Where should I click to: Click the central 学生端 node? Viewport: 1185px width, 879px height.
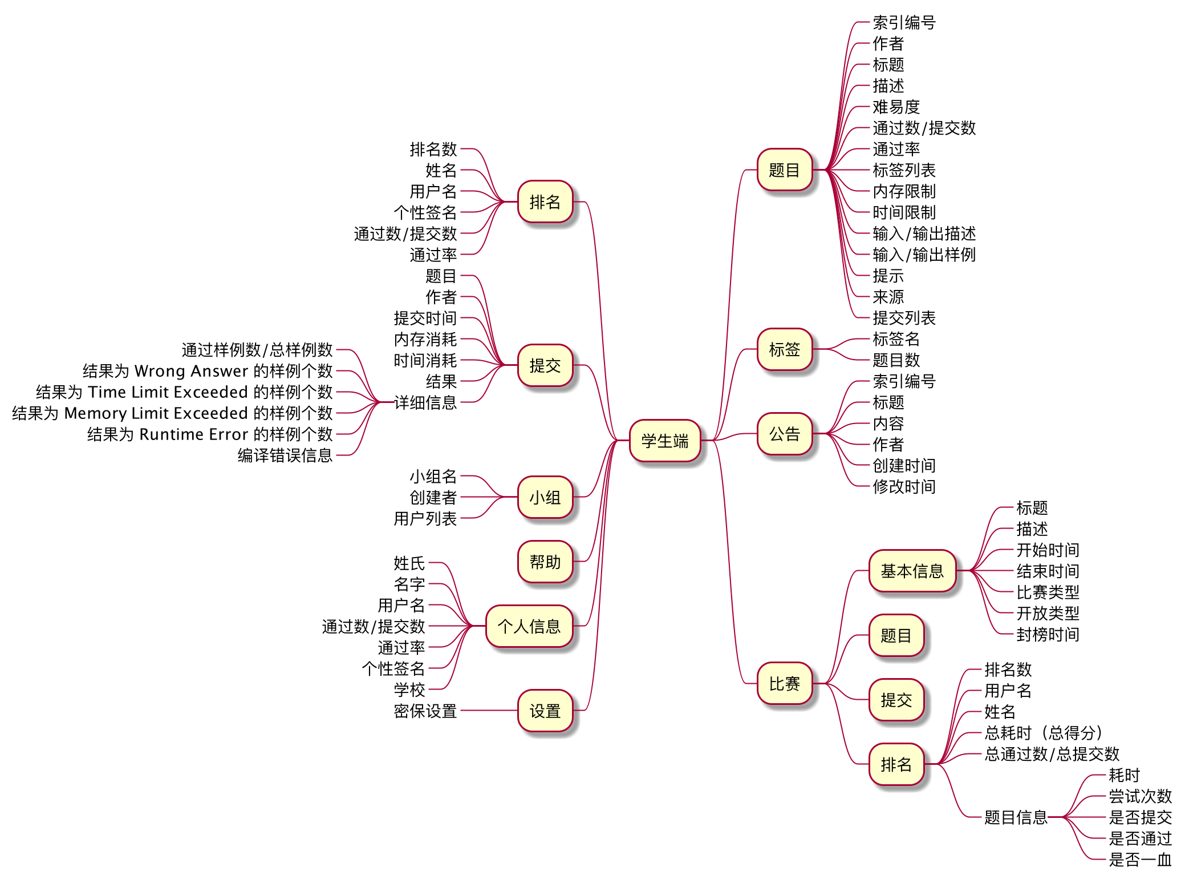(x=664, y=441)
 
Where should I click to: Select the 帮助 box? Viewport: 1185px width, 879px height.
(x=545, y=562)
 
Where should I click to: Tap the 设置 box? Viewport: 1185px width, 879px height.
(x=545, y=711)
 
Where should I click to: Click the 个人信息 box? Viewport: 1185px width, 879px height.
(x=529, y=626)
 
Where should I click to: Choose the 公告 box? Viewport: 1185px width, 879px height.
(x=784, y=434)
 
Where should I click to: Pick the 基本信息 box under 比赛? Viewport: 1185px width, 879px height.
(x=912, y=571)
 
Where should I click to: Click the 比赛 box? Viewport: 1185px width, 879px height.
(x=784, y=683)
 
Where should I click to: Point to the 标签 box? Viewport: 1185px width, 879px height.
(x=784, y=349)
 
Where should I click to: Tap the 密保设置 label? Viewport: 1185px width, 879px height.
(x=425, y=711)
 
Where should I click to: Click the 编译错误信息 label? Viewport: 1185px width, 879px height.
(x=285, y=455)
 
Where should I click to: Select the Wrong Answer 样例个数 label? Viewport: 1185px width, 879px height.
(x=208, y=371)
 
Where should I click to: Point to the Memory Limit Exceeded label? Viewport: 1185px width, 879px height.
(x=172, y=413)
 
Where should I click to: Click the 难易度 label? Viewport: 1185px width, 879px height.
(x=896, y=107)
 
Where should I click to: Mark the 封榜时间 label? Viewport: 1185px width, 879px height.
(x=1048, y=634)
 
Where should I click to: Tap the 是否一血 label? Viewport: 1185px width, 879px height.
(x=1140, y=860)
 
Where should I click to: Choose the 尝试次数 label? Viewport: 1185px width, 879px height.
(x=1140, y=796)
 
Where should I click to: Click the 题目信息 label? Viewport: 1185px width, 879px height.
(x=1016, y=817)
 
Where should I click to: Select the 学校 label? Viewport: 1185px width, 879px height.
(x=409, y=690)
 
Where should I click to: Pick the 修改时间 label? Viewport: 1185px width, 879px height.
(x=904, y=487)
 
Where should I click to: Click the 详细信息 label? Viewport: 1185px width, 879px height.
(x=425, y=402)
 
